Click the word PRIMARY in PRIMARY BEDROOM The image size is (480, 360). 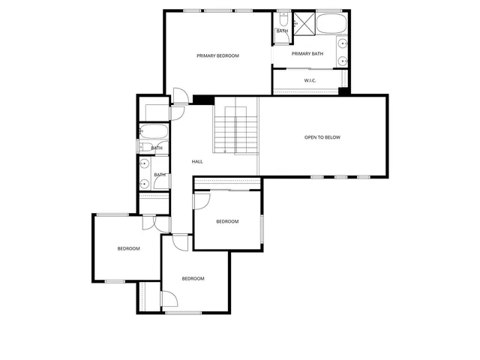(206, 55)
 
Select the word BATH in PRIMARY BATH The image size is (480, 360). (317, 53)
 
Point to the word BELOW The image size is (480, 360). (332, 137)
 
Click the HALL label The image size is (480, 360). (197, 161)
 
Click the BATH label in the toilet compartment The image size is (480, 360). (282, 31)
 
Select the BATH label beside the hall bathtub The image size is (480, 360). (157, 148)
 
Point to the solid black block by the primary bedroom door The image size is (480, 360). (204, 100)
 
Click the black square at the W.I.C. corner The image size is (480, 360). (343, 91)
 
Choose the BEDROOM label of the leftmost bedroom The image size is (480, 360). (128, 248)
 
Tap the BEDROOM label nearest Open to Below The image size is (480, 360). (227, 221)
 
